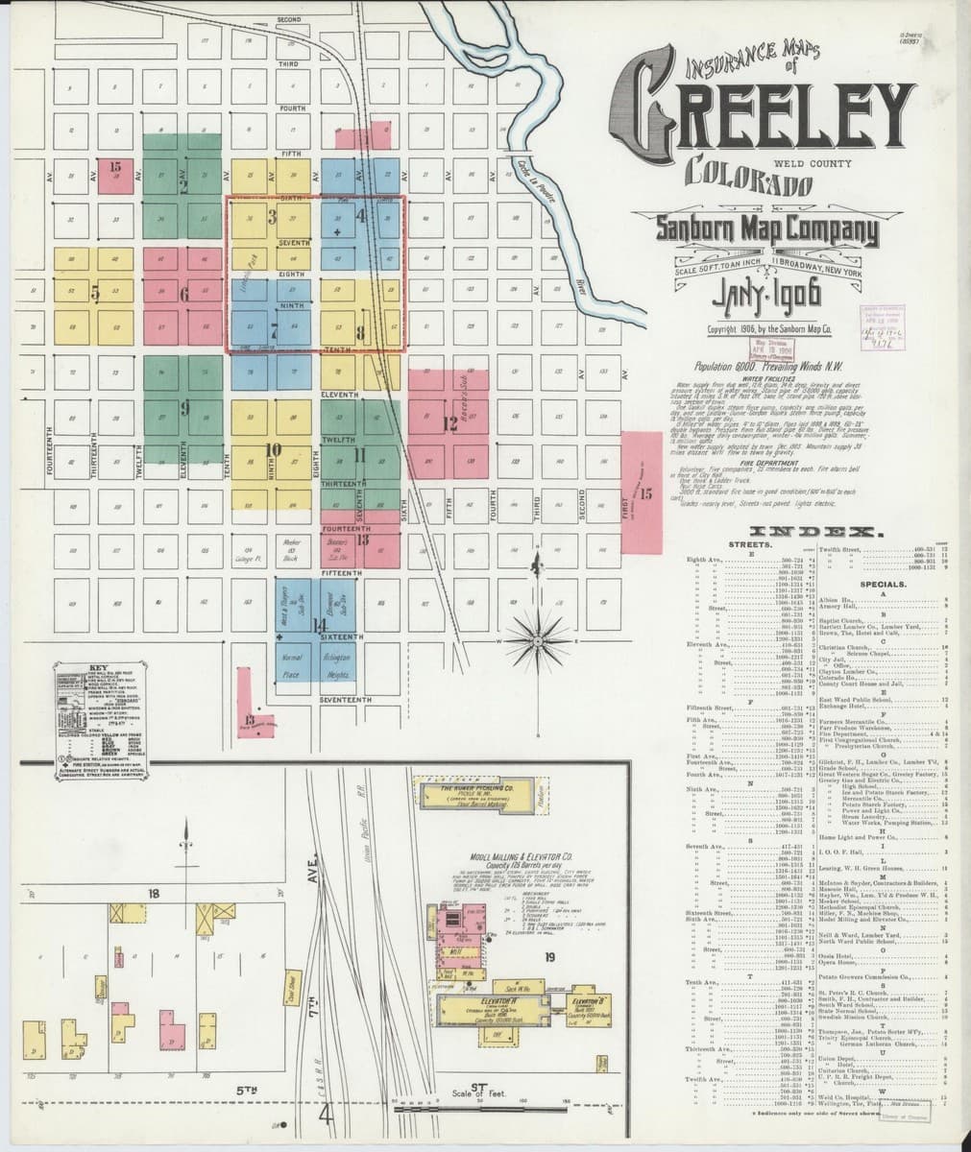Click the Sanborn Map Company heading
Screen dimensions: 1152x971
coord(753,230)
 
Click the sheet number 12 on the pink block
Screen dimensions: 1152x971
coord(449,422)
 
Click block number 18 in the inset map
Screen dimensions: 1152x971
coord(154,894)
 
